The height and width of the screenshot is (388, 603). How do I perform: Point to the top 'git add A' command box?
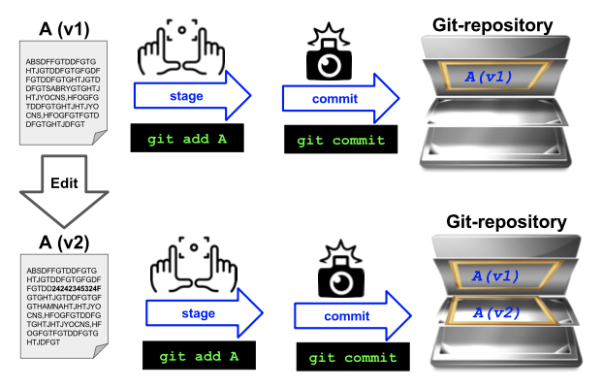pos(188,139)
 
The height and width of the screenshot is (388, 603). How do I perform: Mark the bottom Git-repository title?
pos(506,222)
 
